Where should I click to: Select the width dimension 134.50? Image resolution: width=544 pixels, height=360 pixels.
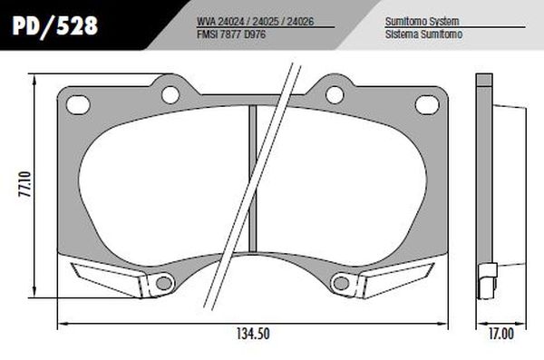point(251,333)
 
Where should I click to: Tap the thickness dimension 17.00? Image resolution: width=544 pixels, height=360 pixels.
point(499,333)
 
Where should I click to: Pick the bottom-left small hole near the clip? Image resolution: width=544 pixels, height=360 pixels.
point(163,284)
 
